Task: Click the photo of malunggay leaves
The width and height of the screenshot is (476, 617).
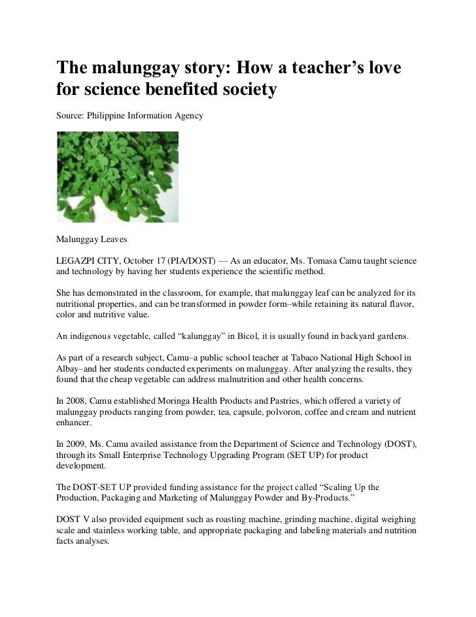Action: click(118, 177)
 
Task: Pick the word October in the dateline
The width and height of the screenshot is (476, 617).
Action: click(141, 260)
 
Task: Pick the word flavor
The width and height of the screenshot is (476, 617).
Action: click(399, 304)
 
